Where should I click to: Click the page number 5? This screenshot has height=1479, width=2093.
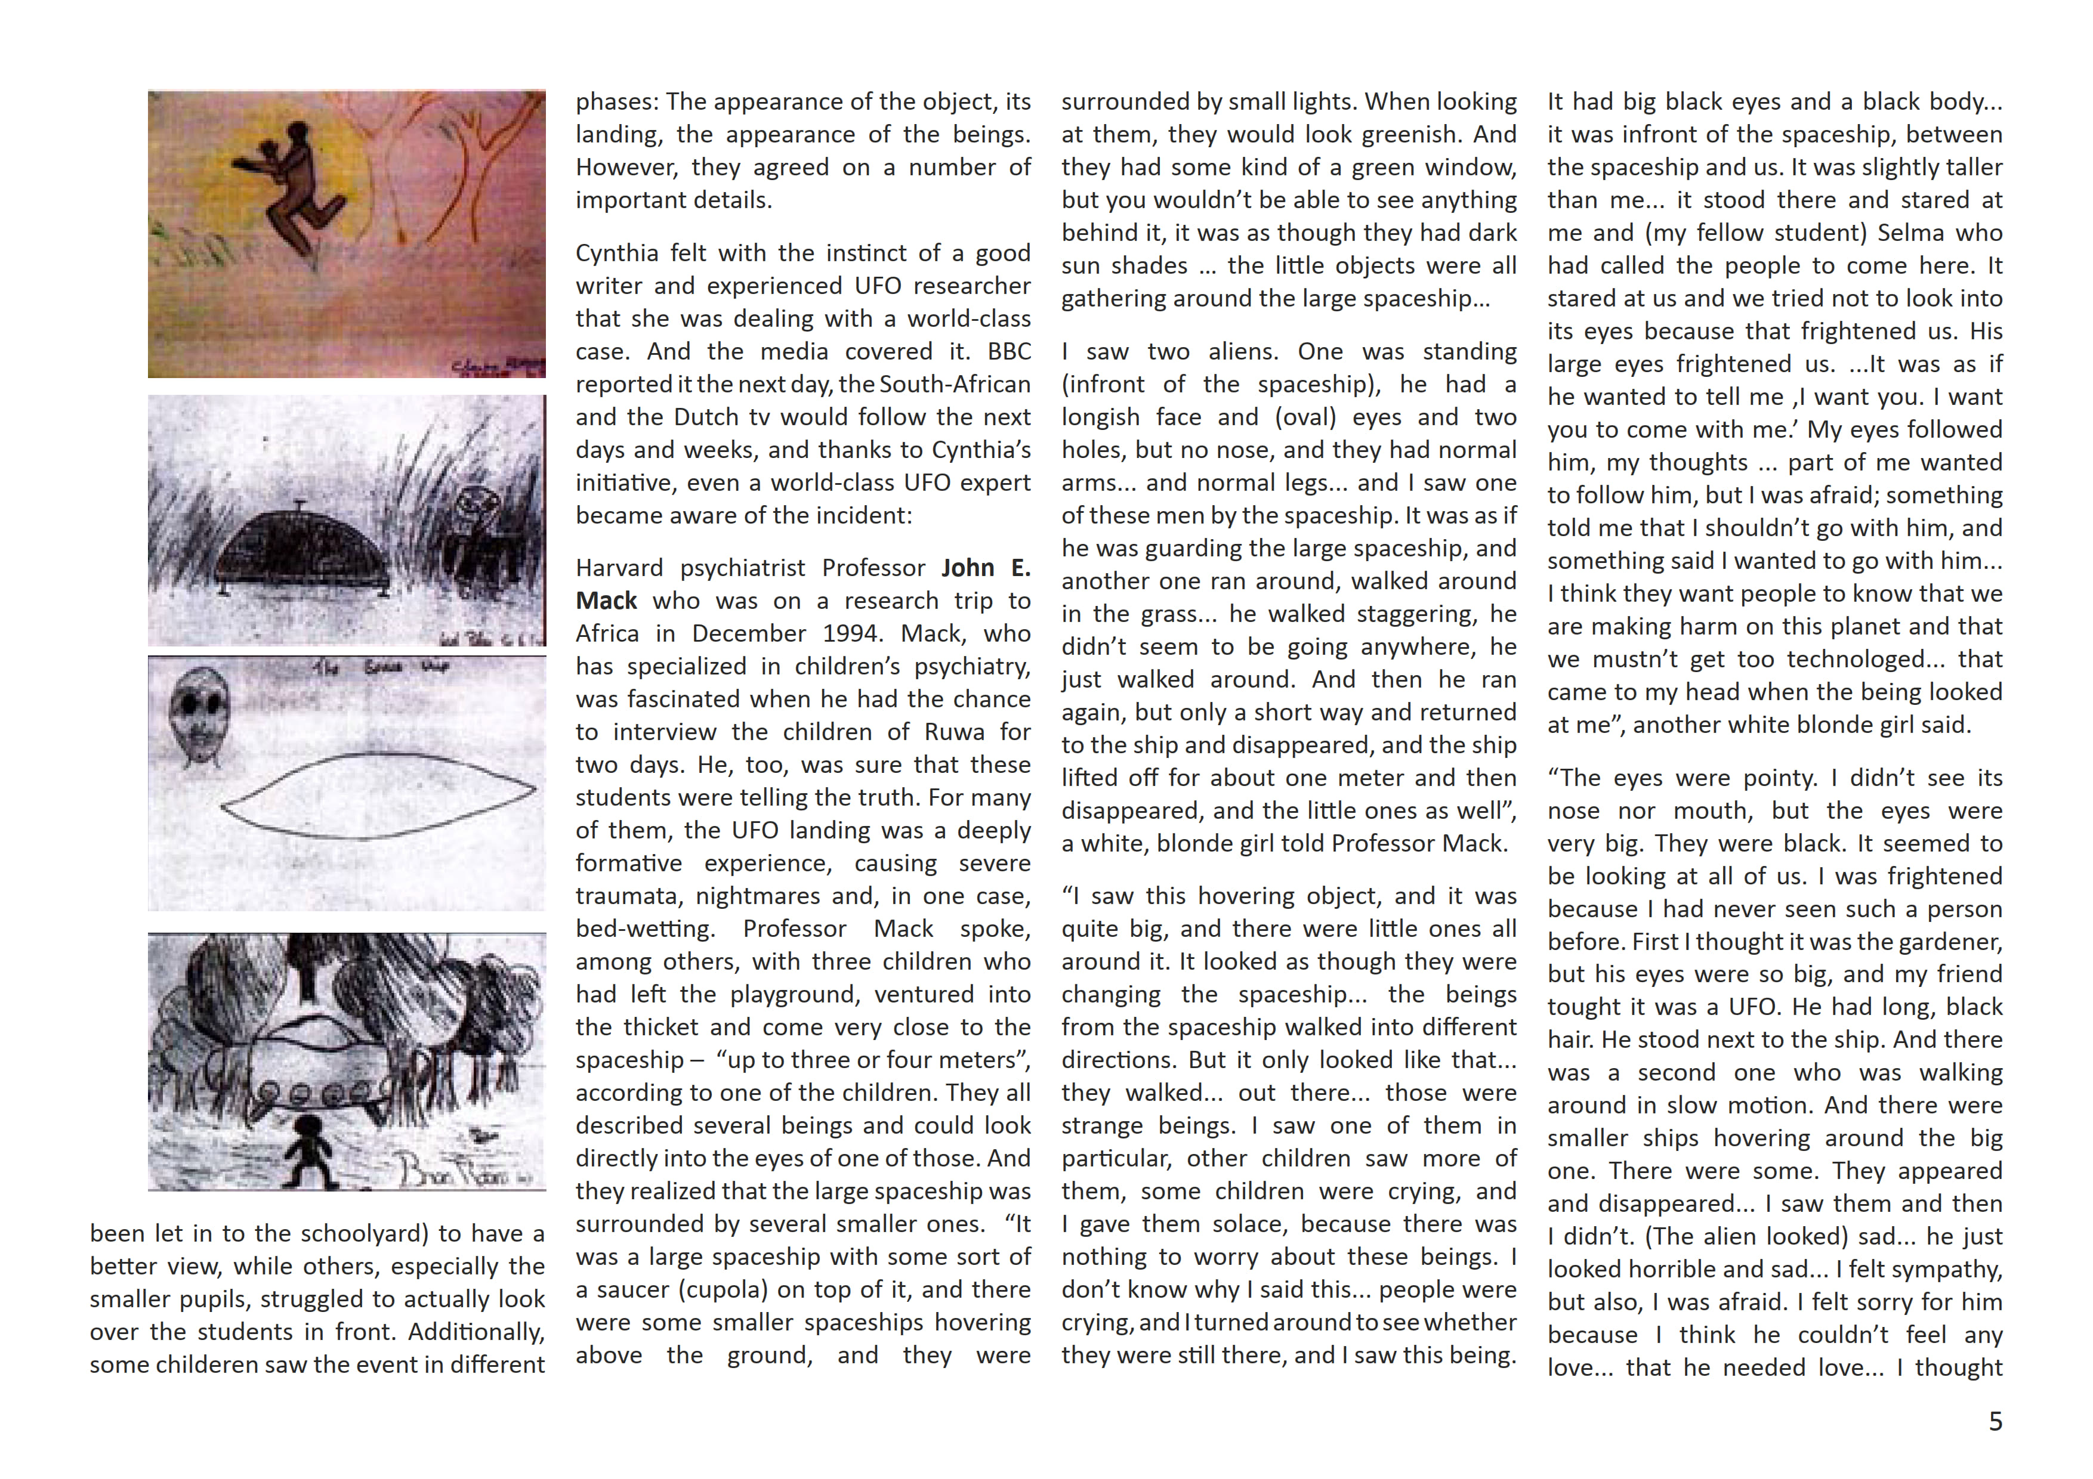click(1995, 1422)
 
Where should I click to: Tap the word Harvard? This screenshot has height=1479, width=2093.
click(619, 568)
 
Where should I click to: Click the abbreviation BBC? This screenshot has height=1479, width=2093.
click(1009, 352)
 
